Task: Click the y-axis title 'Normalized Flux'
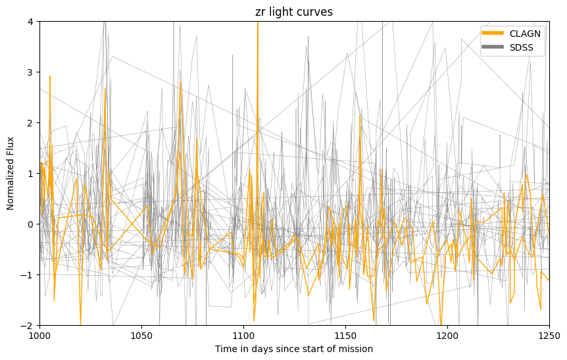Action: click(11, 173)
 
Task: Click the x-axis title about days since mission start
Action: click(294, 349)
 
